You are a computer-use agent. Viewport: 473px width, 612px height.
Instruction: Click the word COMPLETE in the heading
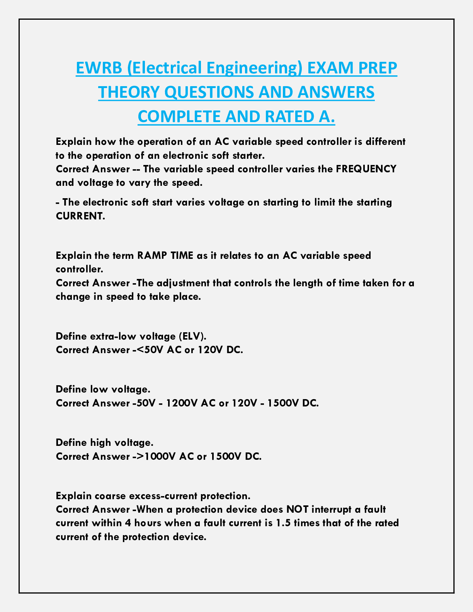[x=174, y=117]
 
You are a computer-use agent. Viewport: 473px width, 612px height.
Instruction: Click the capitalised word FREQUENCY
[x=366, y=169]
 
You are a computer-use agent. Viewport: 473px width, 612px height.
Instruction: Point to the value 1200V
[x=183, y=403]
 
